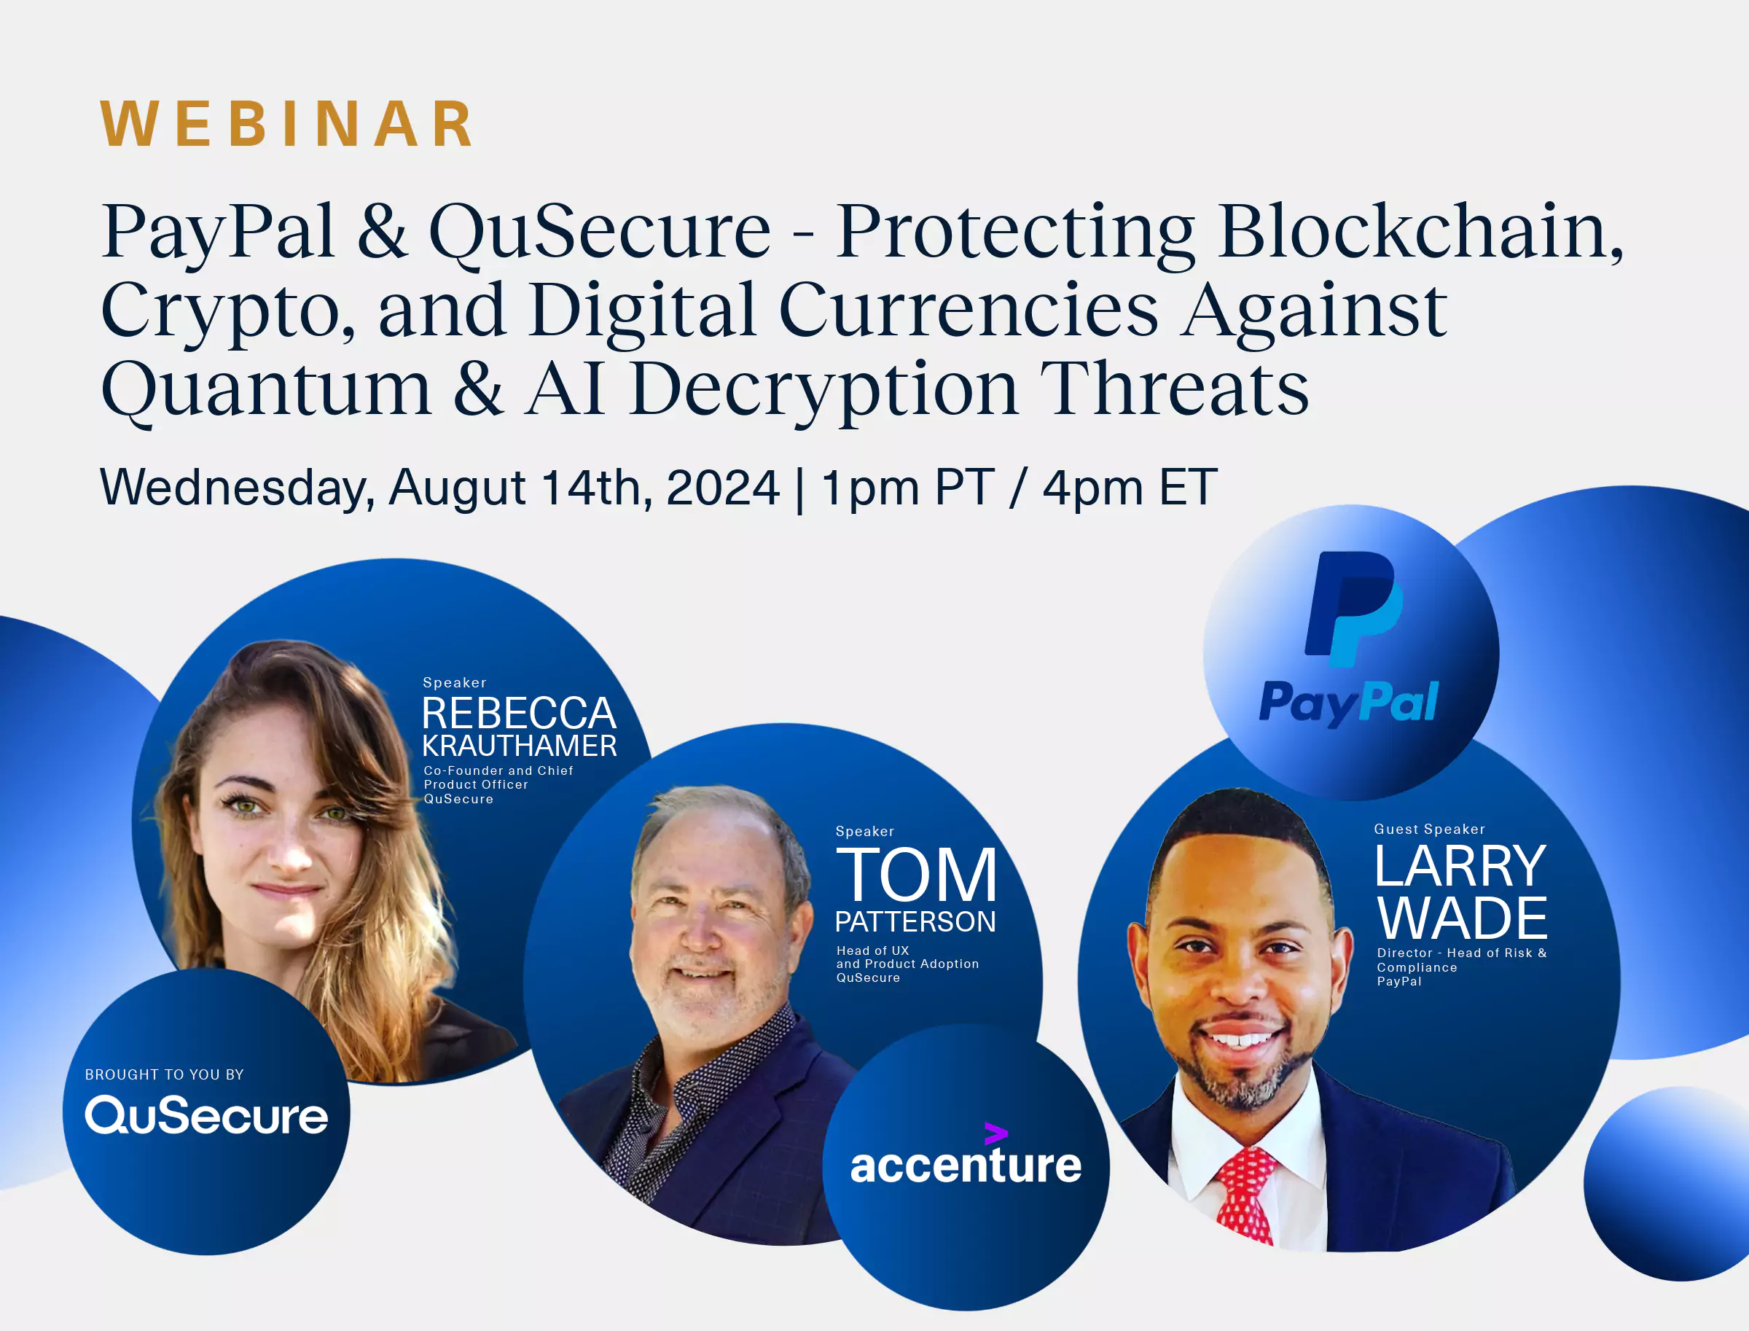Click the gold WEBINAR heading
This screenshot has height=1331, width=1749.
[x=286, y=125]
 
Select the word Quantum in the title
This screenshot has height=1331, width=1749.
[x=266, y=391]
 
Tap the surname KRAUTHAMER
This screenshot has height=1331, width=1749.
[x=519, y=746]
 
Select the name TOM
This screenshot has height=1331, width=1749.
[x=916, y=875]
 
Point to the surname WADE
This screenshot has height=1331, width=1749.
[x=1463, y=918]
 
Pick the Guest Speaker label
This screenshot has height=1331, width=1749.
[x=1429, y=830]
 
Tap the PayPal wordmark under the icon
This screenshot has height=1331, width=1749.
[x=1348, y=703]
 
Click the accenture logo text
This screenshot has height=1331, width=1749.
[x=965, y=1165]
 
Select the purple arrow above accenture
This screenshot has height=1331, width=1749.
[x=995, y=1133]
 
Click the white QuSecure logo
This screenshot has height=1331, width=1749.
[x=206, y=1115]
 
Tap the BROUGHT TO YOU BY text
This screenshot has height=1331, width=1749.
[x=164, y=1074]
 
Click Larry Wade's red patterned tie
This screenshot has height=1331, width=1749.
[x=1245, y=1193]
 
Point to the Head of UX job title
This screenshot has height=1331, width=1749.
[x=872, y=950]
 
